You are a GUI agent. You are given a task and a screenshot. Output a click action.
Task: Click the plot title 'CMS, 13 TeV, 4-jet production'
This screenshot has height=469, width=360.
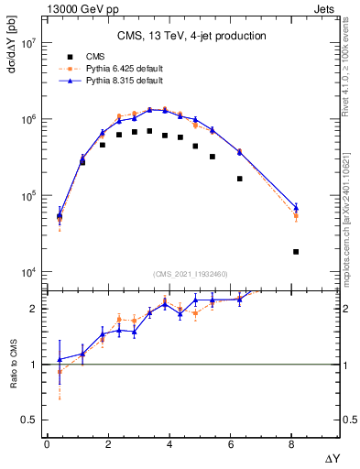191,37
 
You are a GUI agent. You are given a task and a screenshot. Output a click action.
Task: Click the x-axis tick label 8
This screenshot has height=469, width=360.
292,444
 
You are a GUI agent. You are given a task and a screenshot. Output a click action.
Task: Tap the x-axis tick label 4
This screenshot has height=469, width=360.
169,444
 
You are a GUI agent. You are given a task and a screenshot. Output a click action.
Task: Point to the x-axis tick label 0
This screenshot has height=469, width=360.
47,444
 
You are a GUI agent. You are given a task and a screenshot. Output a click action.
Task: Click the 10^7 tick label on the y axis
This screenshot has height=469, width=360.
28,43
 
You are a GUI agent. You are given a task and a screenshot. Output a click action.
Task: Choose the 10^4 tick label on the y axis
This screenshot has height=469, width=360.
28,272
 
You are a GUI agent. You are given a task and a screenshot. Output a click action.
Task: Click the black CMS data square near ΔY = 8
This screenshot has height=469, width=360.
296,252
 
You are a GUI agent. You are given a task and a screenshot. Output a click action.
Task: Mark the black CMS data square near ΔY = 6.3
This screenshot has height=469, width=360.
240,179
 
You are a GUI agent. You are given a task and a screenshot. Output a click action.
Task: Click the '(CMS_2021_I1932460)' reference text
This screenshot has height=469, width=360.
190,274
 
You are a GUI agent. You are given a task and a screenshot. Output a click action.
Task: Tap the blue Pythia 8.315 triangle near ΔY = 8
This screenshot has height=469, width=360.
296,208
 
